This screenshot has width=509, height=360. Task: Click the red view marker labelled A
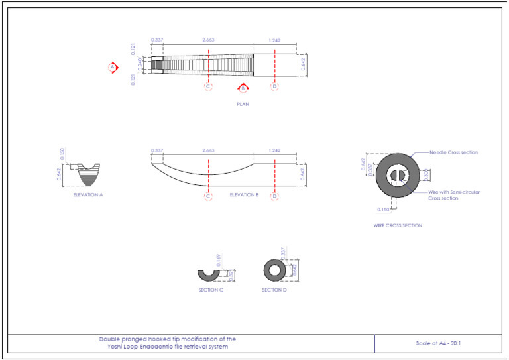coord(113,67)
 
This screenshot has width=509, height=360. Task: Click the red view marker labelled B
coord(243,88)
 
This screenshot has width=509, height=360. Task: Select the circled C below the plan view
coord(208,86)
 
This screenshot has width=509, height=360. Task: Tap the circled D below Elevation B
coord(274,196)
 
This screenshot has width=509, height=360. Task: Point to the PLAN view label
coord(243,104)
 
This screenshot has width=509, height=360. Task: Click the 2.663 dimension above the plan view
coord(208,40)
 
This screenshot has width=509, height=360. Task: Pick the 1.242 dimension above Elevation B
coord(274,151)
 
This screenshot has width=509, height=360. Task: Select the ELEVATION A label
coord(88,195)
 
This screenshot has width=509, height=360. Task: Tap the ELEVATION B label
coord(244,195)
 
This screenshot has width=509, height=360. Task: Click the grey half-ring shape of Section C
coord(210,274)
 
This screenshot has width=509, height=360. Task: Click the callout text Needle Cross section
coord(454,152)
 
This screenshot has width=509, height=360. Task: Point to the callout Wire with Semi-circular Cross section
coord(454,195)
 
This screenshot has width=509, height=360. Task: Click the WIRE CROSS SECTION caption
coord(398,225)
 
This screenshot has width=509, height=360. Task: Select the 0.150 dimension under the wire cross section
coord(383,210)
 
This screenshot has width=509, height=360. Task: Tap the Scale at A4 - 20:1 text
coord(437,343)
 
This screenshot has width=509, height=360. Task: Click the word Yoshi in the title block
coord(124,347)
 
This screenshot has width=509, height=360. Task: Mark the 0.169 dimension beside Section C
coord(218,259)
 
